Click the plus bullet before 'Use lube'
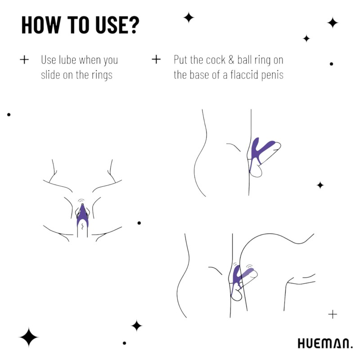(24, 59)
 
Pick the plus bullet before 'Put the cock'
(156, 59)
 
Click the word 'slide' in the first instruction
(51, 75)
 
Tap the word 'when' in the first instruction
(92, 59)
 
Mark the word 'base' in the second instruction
(202, 75)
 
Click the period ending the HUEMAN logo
(351, 347)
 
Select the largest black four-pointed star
(29, 337)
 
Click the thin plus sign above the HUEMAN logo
(333, 314)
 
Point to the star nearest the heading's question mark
(189, 18)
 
